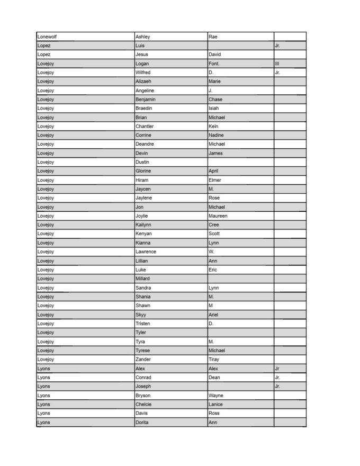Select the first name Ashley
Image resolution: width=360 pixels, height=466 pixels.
[143, 37]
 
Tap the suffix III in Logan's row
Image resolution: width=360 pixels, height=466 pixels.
[277, 64]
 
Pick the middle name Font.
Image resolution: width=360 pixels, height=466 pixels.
[214, 64]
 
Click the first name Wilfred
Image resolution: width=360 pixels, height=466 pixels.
[143, 73]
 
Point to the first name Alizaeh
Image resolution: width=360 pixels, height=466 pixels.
[144, 82]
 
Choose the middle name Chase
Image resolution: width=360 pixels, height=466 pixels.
[215, 100]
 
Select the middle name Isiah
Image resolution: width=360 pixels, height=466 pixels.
[214, 109]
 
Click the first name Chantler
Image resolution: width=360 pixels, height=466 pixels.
[145, 126]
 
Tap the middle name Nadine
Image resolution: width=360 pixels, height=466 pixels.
[217, 135]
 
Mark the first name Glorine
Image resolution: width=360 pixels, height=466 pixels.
[143, 171]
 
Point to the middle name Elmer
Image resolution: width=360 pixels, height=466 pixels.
[215, 180]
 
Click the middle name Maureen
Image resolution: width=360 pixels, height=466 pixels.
[218, 216]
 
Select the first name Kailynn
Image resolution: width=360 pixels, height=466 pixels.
[144, 225]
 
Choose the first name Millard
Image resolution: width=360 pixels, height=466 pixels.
[143, 279]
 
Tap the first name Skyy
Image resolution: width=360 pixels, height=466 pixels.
[141, 315]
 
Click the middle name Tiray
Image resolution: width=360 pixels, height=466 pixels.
[214, 360]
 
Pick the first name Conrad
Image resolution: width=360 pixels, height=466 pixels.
[143, 378]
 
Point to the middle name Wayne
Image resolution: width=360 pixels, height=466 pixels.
[216, 396]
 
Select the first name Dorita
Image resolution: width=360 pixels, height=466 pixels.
[142, 422]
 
